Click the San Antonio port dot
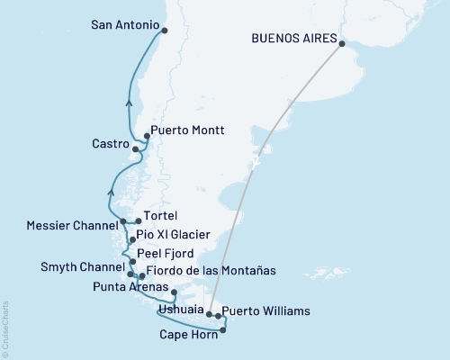[164, 31]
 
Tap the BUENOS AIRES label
[294, 40]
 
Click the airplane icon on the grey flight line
[258, 163]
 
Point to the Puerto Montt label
[187, 130]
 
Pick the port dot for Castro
[135, 148]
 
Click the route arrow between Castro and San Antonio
[130, 103]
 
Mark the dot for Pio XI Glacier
[132, 240]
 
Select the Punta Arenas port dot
[174, 292]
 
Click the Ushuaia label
[175, 310]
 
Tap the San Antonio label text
[124, 25]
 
